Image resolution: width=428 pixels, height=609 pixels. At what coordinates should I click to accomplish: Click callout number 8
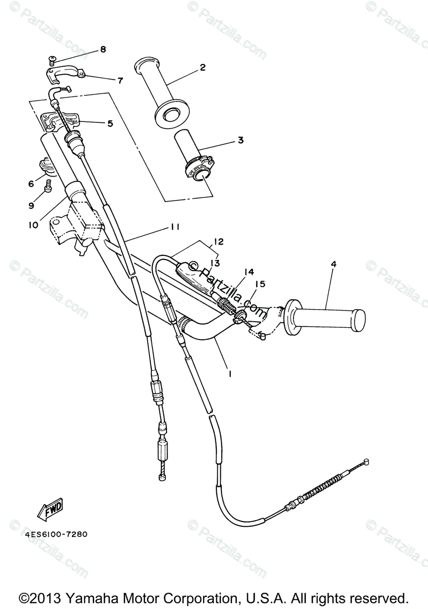103,49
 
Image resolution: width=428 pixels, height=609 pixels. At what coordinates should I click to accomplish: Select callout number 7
120,80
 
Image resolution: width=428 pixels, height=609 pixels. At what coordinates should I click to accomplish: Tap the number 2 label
203,67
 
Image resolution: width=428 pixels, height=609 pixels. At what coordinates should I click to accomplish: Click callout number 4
333,264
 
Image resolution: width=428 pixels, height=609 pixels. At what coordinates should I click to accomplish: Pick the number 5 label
110,123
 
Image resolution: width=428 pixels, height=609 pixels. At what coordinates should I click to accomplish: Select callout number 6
30,183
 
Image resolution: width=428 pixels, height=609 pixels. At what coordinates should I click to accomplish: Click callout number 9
31,206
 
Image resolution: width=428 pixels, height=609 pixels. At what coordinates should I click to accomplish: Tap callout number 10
33,224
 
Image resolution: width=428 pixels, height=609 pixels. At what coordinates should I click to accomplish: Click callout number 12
219,242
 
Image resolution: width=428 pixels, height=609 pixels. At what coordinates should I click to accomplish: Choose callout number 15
260,285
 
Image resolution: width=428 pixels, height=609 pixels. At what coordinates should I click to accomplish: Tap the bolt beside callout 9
48,186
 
